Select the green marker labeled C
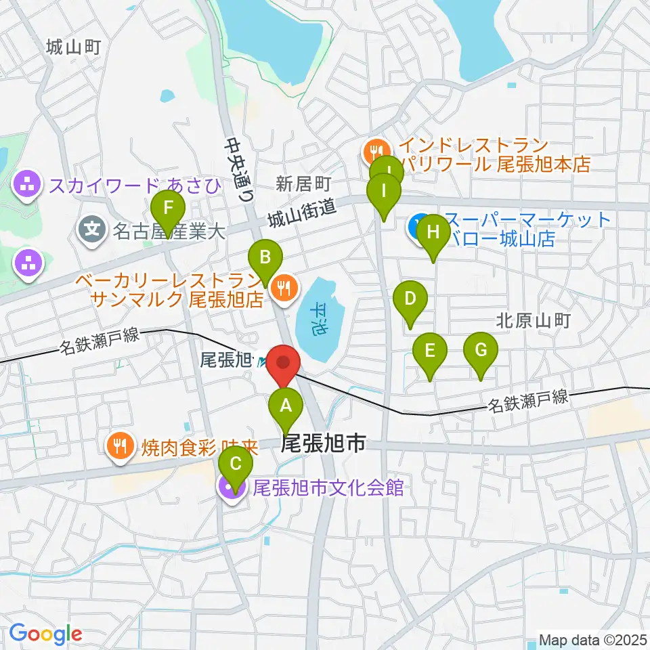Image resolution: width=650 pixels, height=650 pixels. tap(236, 465)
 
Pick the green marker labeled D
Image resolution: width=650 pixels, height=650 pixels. tap(410, 299)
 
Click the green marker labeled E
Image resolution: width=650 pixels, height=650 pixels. tap(430, 351)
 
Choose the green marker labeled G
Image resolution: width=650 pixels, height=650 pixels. tap(481, 351)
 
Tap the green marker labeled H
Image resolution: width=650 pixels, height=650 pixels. tap(433, 233)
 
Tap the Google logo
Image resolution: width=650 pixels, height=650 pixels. tap(45, 634)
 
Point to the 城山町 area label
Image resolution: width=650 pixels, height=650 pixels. tap(74, 47)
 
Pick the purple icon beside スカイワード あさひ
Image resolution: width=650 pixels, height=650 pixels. tap(27, 183)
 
